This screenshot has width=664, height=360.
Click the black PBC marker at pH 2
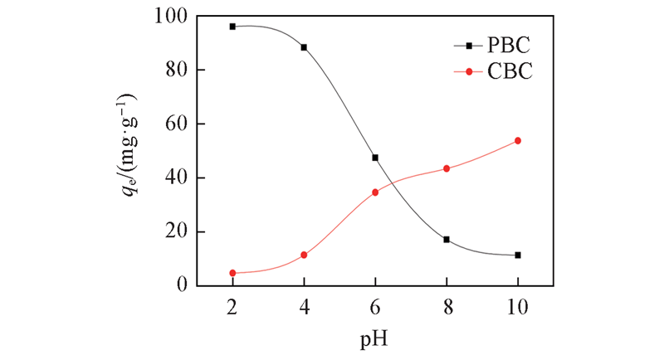pos(232,27)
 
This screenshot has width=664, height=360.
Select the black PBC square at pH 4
pos(304,47)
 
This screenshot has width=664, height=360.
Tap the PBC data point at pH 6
pos(375,158)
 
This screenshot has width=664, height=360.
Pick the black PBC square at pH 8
pos(447,240)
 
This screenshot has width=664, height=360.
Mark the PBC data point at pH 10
pos(518,255)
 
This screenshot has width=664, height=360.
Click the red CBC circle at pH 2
pos(232,273)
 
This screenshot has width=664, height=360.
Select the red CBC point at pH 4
pos(304,255)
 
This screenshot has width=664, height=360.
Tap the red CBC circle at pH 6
pos(375,192)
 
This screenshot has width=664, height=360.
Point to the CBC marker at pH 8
pos(447,168)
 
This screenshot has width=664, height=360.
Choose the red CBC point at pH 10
pos(518,141)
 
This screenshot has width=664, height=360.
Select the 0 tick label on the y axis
pos(182,286)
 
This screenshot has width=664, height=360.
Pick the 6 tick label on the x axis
pos(375,305)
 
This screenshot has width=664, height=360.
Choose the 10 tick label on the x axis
pos(518,305)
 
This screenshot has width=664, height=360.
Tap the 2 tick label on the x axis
pos(232,305)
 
